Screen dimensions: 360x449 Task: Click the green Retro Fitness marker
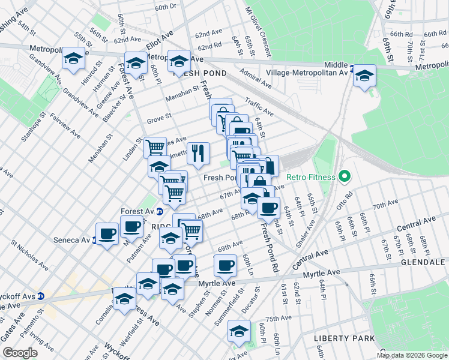(x=344, y=177)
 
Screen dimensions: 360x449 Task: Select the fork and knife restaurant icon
(x=198, y=154)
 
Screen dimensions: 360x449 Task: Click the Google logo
(x=20, y=353)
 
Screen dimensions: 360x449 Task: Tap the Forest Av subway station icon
(x=160, y=211)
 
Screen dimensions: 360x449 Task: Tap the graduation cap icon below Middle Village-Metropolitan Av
(x=364, y=76)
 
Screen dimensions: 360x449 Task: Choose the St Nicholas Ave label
(x=30, y=253)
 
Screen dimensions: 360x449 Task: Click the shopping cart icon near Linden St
(x=155, y=147)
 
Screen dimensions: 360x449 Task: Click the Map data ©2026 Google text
(x=411, y=355)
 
